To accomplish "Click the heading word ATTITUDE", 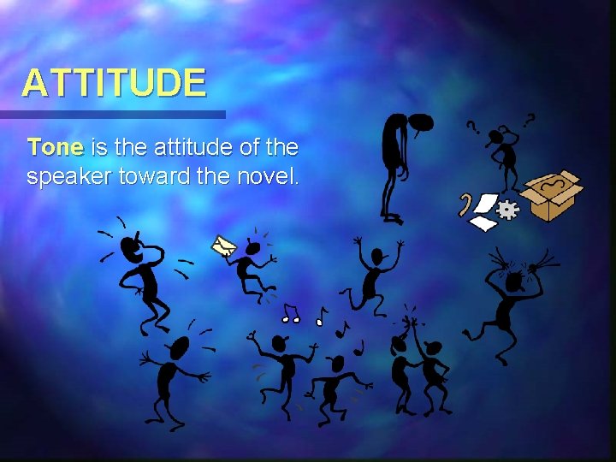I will [114, 84].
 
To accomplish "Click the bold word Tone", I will [56, 147].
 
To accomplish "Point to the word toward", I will [166, 177].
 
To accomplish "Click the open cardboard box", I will [552, 194].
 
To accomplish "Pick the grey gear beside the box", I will [508, 210].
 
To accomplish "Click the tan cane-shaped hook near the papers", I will [465, 205].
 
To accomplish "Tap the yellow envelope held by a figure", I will [224, 246].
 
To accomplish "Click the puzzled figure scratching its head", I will [505, 154].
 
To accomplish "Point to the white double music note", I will [292, 314].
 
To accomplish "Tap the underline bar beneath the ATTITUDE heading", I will [112, 114].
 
